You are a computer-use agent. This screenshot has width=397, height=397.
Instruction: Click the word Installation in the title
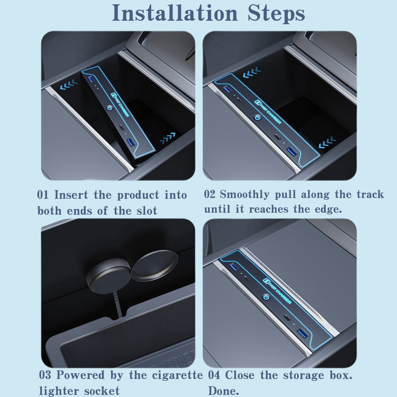click(x=175, y=13)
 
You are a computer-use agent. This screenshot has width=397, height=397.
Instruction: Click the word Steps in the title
click(x=276, y=13)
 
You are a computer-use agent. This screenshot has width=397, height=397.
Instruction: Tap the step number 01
click(x=43, y=195)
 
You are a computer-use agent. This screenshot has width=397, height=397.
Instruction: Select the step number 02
click(x=210, y=194)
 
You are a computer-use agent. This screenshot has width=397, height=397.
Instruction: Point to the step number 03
click(x=45, y=375)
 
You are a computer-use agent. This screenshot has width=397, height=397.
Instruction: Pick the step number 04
click(x=214, y=375)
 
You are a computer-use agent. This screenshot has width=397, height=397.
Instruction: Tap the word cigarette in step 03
click(x=177, y=375)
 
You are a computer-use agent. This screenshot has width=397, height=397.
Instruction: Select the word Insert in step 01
click(x=71, y=195)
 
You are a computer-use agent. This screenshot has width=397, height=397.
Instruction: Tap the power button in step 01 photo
click(x=109, y=108)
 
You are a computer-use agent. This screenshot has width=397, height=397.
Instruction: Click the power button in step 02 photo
click(x=258, y=118)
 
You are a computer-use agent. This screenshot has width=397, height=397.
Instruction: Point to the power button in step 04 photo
click(x=266, y=297)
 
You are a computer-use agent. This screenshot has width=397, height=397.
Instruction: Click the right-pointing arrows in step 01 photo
click(x=167, y=138)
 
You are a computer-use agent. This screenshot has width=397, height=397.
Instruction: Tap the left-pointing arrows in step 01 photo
click(x=69, y=84)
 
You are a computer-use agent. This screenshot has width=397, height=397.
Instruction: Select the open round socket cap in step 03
click(x=155, y=265)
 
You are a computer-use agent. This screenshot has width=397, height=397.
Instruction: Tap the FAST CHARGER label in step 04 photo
click(x=277, y=291)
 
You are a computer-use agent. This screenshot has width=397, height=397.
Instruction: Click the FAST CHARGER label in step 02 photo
click(x=268, y=112)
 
